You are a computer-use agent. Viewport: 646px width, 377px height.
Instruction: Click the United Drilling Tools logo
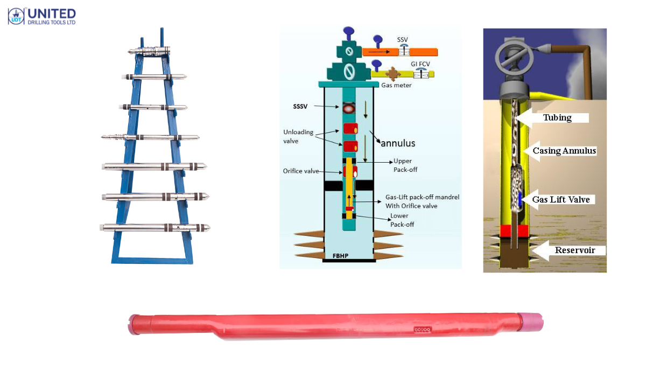click(41, 16)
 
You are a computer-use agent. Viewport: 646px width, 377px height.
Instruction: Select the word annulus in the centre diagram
click(398, 143)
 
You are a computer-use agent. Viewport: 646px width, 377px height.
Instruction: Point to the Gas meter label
click(396, 85)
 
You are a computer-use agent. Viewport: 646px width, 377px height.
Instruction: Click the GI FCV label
click(419, 64)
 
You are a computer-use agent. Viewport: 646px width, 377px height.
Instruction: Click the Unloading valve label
click(297, 136)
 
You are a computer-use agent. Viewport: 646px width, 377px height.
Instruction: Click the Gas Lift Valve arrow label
click(560, 200)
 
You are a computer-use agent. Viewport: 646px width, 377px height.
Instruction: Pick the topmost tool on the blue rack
click(150, 51)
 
